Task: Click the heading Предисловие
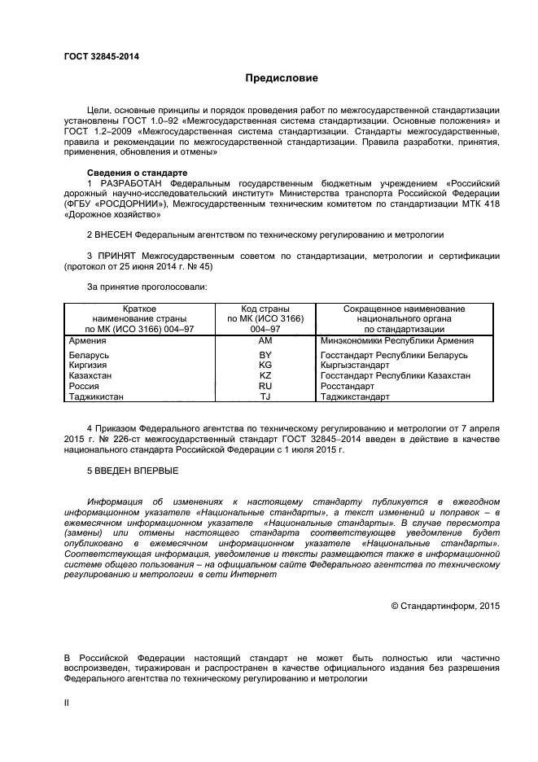click(x=282, y=78)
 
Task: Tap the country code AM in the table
click(x=265, y=341)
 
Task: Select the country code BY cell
click(x=265, y=356)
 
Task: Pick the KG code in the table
click(x=265, y=366)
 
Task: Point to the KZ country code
click(x=265, y=376)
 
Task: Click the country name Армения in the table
click(x=88, y=341)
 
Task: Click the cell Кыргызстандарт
click(x=355, y=366)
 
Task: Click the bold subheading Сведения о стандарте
click(x=138, y=173)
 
